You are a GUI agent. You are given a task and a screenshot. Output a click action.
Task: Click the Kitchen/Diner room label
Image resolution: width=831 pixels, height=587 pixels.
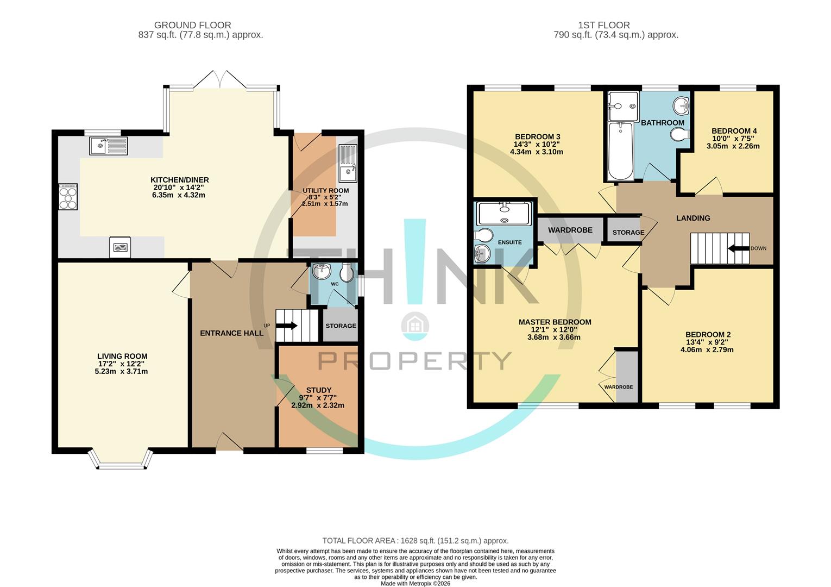click(x=179, y=180)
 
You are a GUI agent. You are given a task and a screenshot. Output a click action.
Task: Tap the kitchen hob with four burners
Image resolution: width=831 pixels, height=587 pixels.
click(x=68, y=196)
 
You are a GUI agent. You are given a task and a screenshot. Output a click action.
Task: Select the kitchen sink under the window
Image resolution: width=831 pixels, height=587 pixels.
click(x=109, y=146)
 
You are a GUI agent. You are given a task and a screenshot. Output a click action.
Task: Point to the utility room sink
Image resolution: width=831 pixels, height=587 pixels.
click(x=348, y=164)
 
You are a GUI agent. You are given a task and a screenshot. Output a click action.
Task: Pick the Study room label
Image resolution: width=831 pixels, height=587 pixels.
click(x=318, y=390)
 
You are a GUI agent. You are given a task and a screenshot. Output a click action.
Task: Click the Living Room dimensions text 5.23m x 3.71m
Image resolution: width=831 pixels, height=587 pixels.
click(x=121, y=372)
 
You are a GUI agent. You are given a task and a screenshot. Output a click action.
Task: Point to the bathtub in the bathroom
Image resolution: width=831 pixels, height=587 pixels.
click(x=620, y=151)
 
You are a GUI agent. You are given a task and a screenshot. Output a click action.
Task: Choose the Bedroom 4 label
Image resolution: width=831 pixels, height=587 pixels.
click(x=734, y=131)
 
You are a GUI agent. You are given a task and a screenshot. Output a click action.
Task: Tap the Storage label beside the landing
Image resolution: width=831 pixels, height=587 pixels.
click(x=628, y=233)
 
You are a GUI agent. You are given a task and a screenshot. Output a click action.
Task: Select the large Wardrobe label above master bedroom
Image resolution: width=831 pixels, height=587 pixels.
click(x=570, y=230)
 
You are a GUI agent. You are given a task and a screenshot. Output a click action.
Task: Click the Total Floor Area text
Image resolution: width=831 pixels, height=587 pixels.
click(x=415, y=541)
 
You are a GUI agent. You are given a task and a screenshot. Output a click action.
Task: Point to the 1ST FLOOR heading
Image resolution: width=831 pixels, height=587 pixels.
click(x=604, y=25)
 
